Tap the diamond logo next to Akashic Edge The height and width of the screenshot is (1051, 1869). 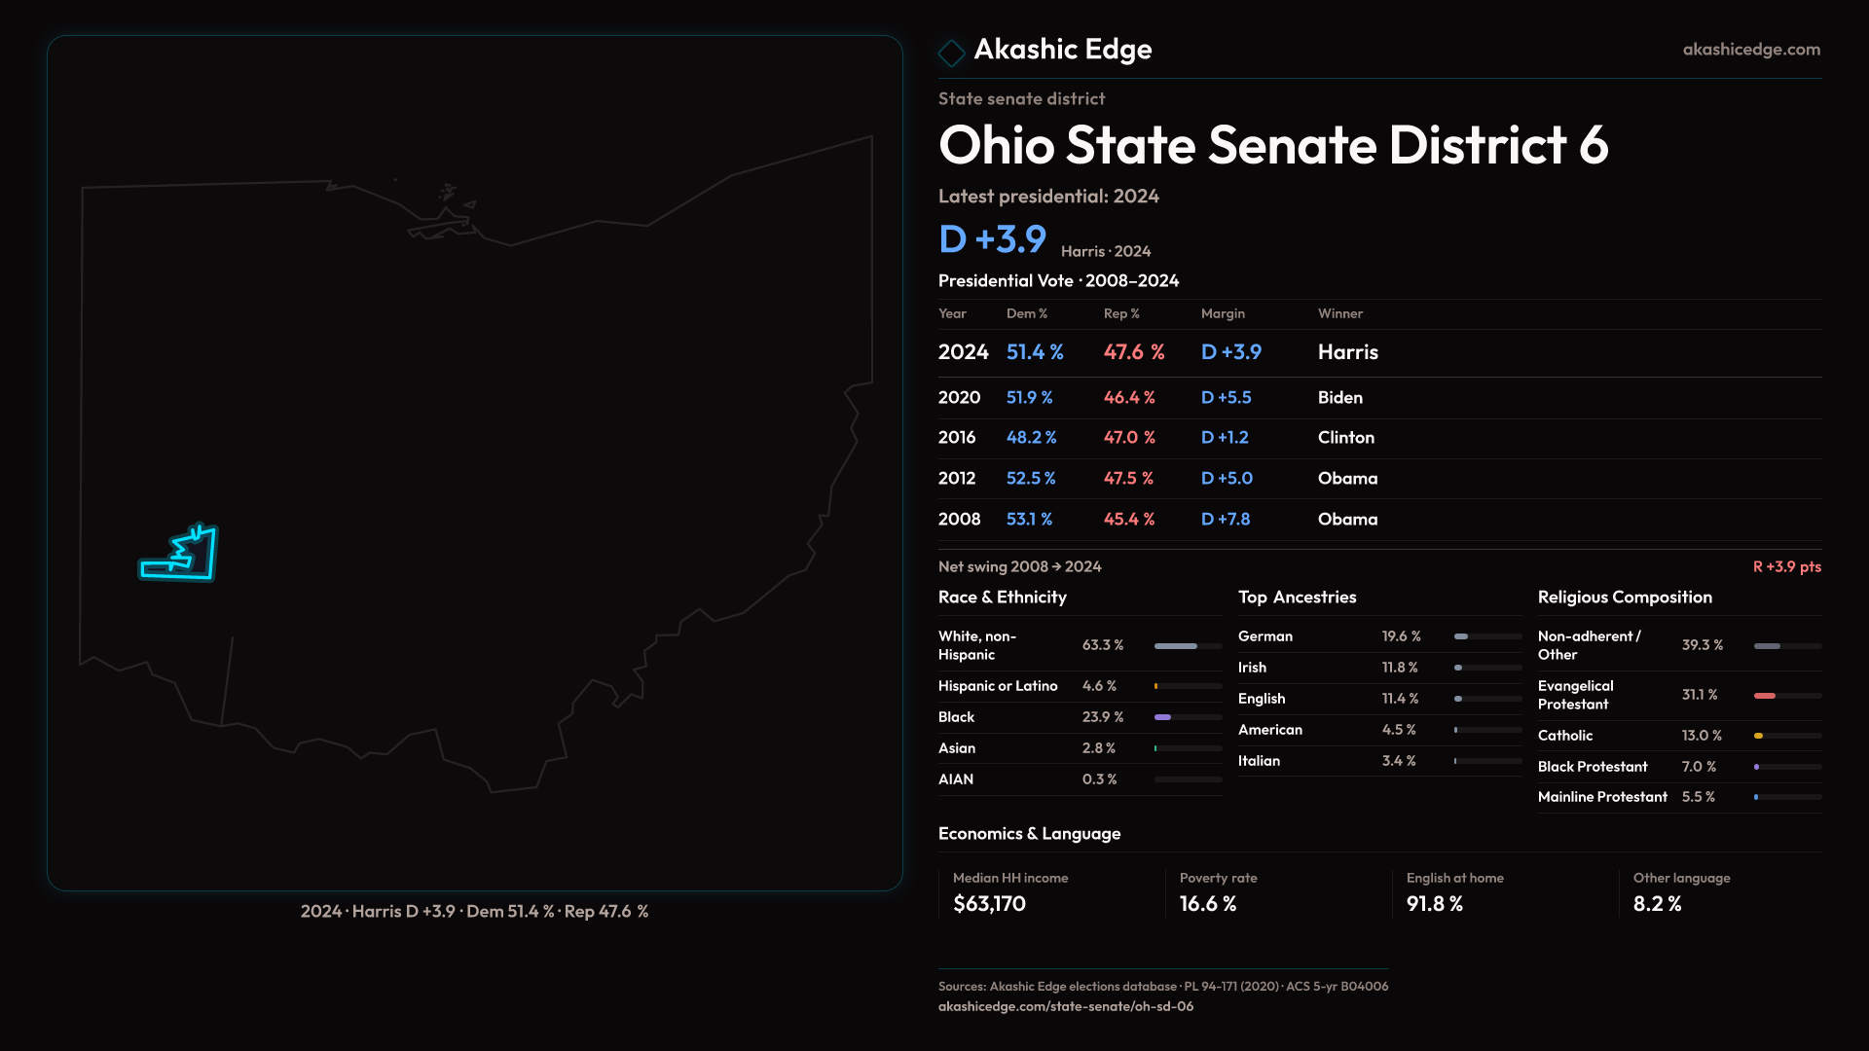pyautogui.click(x=951, y=53)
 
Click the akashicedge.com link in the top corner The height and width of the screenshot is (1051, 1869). pyautogui.click(x=1750, y=50)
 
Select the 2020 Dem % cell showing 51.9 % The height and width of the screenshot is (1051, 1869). pyautogui.click(x=1029, y=398)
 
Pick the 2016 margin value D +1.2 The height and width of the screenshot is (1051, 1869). pyautogui.click(x=1225, y=438)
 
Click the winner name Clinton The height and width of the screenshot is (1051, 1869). pyautogui.click(x=1345, y=438)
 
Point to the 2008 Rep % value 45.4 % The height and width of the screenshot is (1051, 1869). pyautogui.click(x=1128, y=520)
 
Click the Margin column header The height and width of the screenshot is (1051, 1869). pyautogui.click(x=1223, y=313)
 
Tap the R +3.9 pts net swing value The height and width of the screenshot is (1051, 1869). pyautogui.click(x=1786, y=566)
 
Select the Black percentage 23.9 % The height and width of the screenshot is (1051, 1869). pyautogui.click(x=1102, y=717)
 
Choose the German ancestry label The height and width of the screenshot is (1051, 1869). pyautogui.click(x=1264, y=636)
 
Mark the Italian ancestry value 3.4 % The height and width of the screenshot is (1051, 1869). pyautogui.click(x=1398, y=761)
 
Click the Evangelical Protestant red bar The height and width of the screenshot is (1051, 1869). pyautogui.click(x=1765, y=696)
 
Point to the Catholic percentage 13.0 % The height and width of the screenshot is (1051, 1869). pyautogui.click(x=1701, y=736)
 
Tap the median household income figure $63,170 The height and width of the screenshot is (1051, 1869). pyautogui.click(x=989, y=904)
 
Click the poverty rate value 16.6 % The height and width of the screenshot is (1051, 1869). pyautogui.click(x=1207, y=904)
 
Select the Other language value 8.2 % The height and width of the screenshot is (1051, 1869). pyautogui.click(x=1657, y=904)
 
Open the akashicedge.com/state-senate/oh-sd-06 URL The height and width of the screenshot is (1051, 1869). pyautogui.click(x=1065, y=1006)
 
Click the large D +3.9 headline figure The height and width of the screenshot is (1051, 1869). pyautogui.click(x=992, y=239)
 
